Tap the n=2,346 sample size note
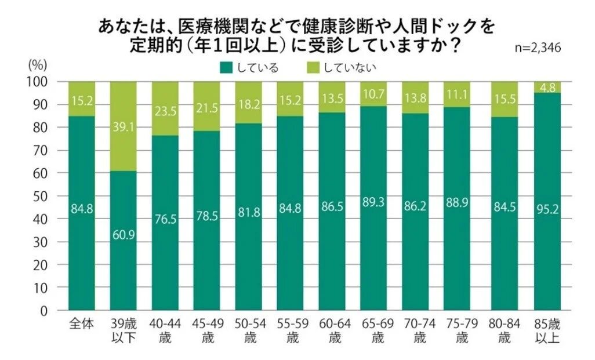pos(538,48)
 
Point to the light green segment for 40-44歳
pos(165,108)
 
